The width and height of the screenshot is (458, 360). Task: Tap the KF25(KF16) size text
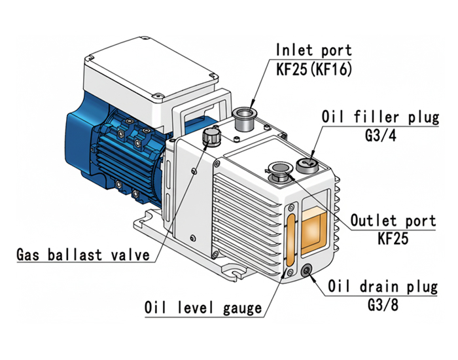pyautogui.click(x=313, y=69)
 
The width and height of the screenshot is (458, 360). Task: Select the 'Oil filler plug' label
pyautogui.click(x=379, y=118)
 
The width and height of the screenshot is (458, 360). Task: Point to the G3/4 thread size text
pyautogui.click(x=379, y=136)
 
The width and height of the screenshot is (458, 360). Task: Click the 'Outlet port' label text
pyautogui.click(x=393, y=220)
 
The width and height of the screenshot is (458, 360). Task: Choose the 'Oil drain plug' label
pyautogui.click(x=383, y=287)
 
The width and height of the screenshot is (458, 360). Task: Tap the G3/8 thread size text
pyautogui.click(x=383, y=304)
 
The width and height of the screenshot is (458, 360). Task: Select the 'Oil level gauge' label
pyautogui.click(x=203, y=307)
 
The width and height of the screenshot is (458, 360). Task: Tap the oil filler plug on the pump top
pyautogui.click(x=307, y=164)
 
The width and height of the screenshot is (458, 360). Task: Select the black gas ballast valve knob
pyautogui.click(x=211, y=137)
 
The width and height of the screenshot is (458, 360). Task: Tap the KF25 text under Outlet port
pyautogui.click(x=393, y=238)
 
